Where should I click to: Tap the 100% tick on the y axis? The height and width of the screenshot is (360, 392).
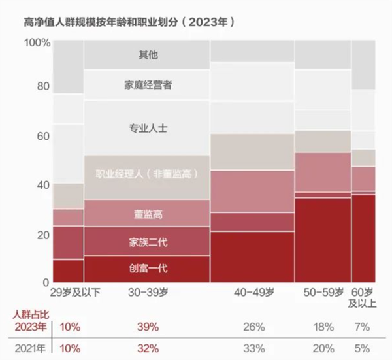37,42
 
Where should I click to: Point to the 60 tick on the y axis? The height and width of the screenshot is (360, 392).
42,136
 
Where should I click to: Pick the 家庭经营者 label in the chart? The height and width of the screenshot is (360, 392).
147,85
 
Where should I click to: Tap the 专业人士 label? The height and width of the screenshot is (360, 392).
147,129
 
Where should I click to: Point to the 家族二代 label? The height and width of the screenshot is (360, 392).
147,242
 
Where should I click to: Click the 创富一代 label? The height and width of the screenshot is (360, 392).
147,267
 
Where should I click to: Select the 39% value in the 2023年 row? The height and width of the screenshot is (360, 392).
148,326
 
